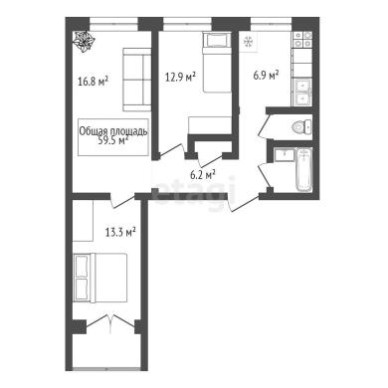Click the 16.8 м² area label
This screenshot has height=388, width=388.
pyautogui.click(x=94, y=82)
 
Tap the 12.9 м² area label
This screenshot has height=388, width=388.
pyautogui.click(x=180, y=78)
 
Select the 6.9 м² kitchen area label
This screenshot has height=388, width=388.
pyautogui.click(x=266, y=75)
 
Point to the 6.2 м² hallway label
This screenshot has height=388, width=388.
pyautogui.click(x=203, y=175)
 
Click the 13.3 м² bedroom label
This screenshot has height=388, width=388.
pyautogui.click(x=120, y=232)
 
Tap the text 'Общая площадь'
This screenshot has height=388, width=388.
pyautogui.click(x=113, y=131)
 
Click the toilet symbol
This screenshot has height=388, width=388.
pyautogui.click(x=301, y=126)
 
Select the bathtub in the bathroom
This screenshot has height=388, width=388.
pyautogui.click(x=304, y=170)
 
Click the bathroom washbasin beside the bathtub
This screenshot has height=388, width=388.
pyautogui.click(x=285, y=155)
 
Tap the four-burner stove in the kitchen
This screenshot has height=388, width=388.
pyautogui.click(x=301, y=40)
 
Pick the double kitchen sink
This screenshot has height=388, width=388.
pyautogui.click(x=301, y=93)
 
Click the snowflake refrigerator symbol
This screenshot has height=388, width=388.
pyautogui.click(x=249, y=43)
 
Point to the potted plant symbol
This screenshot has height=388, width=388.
pyautogui.click(x=84, y=42)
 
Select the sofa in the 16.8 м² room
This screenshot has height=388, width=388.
pyautogui.click(x=137, y=80)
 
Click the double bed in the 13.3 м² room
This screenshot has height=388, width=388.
pyautogui.click(x=100, y=278)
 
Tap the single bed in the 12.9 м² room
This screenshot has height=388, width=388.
pyautogui.click(x=217, y=63)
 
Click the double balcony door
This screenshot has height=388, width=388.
pyautogui.click(x=110, y=324)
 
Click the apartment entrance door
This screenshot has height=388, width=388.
pyautogui.click(x=243, y=202)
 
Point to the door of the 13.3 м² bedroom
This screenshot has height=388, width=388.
pyautogui.click(x=122, y=200)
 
